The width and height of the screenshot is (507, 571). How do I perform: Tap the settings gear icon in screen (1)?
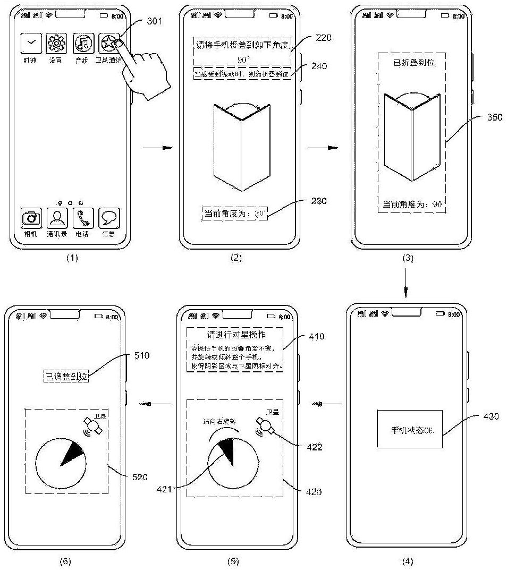56,42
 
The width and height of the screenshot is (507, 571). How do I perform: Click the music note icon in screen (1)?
83,42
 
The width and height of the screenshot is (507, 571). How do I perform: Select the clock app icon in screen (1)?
31,42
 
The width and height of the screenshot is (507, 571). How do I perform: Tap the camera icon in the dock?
31,217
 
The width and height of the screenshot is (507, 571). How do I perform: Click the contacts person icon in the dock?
57,217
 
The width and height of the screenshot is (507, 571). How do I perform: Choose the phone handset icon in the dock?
83,217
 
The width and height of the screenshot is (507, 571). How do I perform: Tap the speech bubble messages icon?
109,217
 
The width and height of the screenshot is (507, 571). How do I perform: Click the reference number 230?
320,201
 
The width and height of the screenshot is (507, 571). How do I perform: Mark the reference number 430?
492,416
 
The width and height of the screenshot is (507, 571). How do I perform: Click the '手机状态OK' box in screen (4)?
409,429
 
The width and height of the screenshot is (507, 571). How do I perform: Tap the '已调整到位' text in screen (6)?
64,377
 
